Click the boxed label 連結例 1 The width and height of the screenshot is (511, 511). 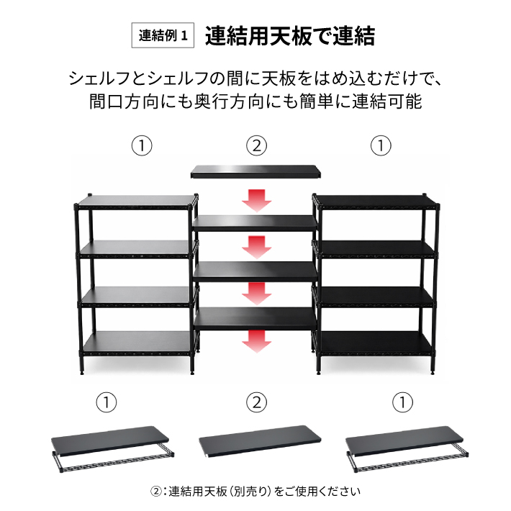[x=163, y=35]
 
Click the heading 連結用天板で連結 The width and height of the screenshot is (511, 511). [x=290, y=35]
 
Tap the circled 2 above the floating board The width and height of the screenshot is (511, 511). [x=256, y=145]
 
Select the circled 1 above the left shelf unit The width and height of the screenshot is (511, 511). [x=142, y=145]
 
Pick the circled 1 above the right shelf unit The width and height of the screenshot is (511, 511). [x=381, y=145]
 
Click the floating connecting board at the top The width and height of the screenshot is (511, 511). [x=256, y=171]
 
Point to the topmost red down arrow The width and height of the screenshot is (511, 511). [x=256, y=200]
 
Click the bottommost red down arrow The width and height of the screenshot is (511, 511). [x=256, y=341]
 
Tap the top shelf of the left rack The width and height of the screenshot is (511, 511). [x=135, y=202]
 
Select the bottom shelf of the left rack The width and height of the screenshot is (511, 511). [x=137, y=343]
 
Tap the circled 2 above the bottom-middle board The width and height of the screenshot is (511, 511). [x=256, y=402]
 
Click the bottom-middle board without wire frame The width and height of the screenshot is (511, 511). [x=260, y=441]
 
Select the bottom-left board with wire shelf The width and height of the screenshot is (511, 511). [x=112, y=448]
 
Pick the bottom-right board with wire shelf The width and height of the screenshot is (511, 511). [x=407, y=448]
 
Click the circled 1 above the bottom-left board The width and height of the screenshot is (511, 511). [x=107, y=402]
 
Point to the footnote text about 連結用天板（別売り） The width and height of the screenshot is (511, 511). [x=256, y=492]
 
